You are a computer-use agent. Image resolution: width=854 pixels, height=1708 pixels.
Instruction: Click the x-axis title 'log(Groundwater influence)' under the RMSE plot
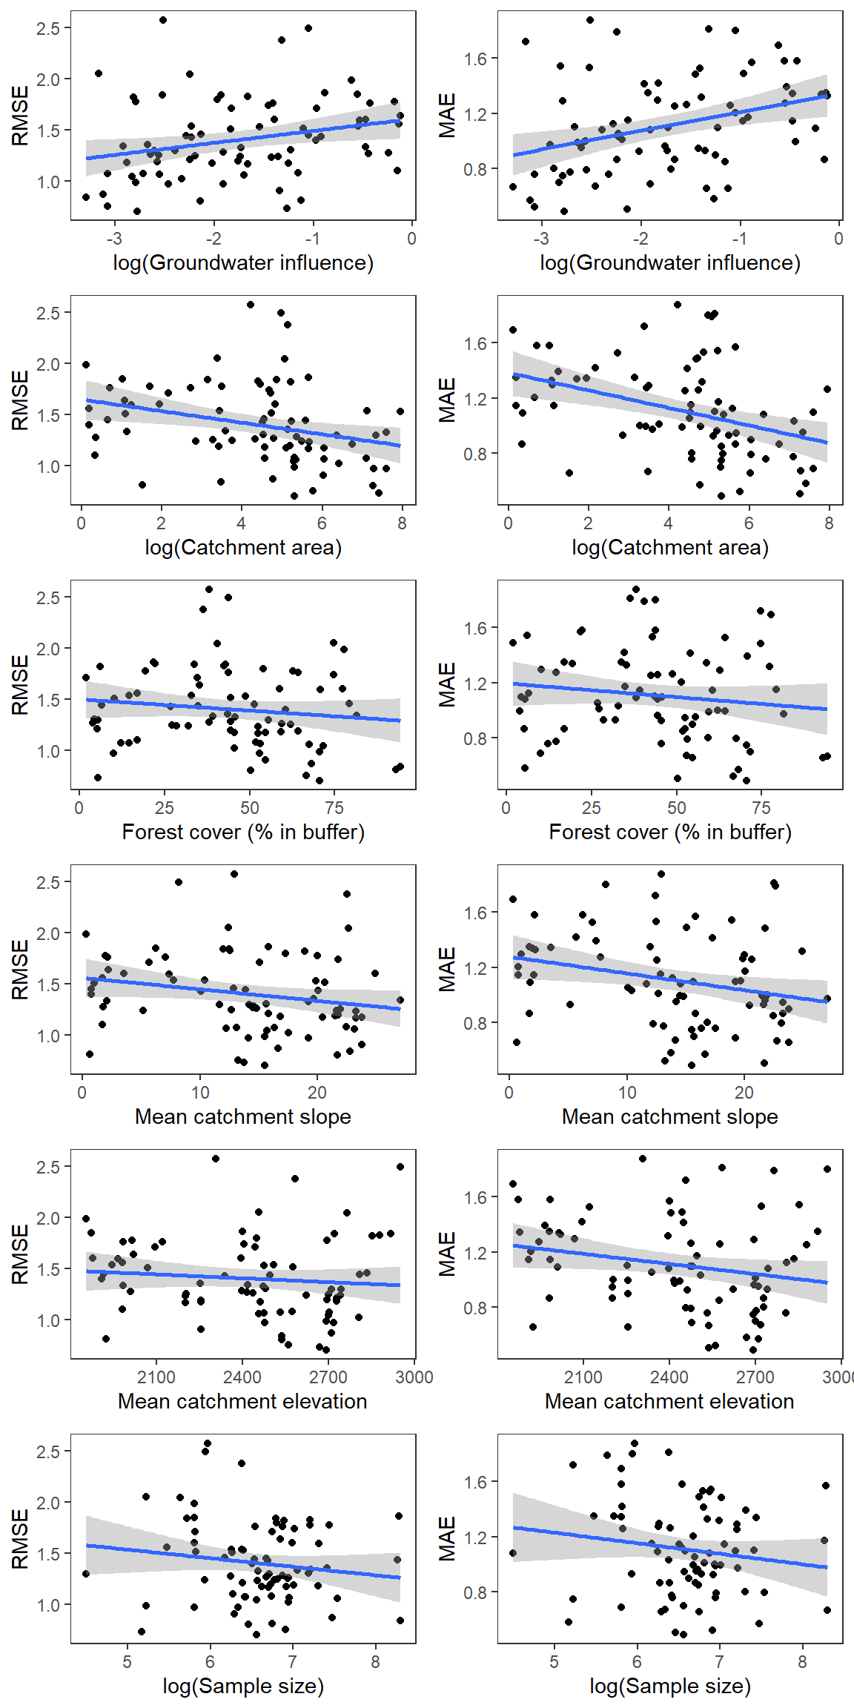pos(243,263)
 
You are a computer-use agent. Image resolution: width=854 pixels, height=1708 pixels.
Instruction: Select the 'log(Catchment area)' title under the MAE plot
pos(670,548)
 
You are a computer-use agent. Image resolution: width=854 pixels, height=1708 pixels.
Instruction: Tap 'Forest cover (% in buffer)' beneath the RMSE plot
pos(243,833)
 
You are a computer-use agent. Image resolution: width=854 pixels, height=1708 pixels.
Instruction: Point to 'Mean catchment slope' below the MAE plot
pos(670,1117)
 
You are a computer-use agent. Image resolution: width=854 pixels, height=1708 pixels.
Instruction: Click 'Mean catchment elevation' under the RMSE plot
pos(243,1402)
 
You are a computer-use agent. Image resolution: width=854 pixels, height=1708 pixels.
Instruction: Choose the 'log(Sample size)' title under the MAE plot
pos(670,1687)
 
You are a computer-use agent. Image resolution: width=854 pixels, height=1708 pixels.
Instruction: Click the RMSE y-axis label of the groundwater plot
pos(20,116)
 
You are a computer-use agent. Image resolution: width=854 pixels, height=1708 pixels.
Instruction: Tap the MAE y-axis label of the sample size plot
pos(447,1539)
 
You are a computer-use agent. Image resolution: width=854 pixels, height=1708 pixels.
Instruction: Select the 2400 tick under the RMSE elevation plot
pos(242,1377)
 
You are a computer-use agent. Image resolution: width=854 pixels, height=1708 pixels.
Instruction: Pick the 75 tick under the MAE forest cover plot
pos(761,808)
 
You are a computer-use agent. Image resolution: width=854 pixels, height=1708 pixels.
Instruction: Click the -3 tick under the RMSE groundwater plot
pos(114,239)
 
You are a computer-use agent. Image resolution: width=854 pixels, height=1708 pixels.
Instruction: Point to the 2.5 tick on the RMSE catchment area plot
pos(48,313)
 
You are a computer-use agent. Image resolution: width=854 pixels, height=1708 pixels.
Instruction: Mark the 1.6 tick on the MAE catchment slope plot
pos(475,913)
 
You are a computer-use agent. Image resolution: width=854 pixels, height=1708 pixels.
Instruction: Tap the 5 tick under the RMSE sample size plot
pos(128,1662)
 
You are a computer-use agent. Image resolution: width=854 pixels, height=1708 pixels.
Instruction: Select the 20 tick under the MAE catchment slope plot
pos(744,1093)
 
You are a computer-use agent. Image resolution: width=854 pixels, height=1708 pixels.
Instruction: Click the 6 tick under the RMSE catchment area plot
pos(322,523)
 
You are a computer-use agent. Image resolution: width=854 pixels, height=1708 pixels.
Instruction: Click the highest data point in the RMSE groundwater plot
pos(163,20)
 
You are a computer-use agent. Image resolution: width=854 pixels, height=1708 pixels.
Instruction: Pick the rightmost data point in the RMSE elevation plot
pos(400,1167)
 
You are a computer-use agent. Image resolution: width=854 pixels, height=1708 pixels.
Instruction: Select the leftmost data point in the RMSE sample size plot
pos(86,1574)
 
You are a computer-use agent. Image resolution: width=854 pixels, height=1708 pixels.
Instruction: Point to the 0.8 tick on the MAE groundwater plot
pos(475,169)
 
